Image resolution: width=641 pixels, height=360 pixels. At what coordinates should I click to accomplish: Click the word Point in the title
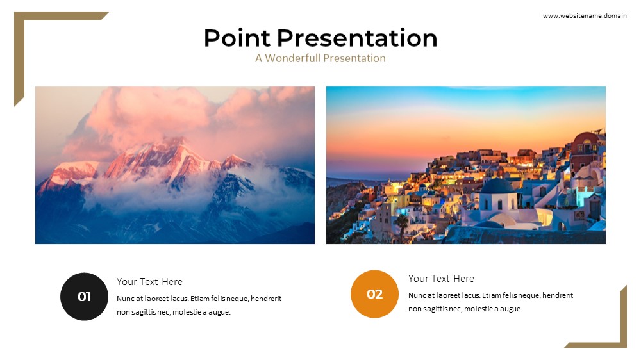237,38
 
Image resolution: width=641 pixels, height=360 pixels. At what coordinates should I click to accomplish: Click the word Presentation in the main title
357,38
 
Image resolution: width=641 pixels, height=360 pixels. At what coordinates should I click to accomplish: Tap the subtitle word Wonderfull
293,58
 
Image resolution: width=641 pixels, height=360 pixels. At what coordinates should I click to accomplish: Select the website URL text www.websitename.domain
585,16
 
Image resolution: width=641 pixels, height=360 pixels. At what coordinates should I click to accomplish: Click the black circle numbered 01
84,297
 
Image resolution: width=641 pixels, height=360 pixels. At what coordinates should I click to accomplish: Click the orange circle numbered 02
374,294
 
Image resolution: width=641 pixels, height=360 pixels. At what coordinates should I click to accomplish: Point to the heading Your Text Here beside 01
149,282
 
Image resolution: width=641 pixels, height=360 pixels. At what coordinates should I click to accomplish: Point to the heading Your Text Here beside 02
441,278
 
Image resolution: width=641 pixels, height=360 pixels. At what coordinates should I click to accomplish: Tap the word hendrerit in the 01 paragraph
266,299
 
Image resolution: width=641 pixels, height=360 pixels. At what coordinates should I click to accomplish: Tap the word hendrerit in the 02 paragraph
558,295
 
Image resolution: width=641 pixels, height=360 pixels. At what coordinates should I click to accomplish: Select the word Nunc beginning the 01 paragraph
125,299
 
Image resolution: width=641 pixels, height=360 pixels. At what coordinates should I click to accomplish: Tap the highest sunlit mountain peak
177,141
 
